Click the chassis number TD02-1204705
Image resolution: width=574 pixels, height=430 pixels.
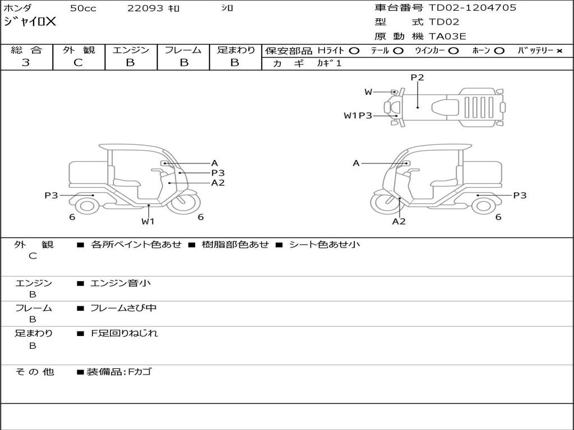coord(473,8)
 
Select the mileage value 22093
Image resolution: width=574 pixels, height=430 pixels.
coord(145,8)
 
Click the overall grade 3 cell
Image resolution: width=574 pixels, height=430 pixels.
coord(26,63)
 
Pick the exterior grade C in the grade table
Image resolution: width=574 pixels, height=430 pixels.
coord(78,63)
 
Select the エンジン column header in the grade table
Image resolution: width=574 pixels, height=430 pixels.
coord(131,50)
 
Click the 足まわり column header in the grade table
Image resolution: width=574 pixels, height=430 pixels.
coord(235,50)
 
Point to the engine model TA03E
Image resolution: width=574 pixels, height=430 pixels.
coord(448,36)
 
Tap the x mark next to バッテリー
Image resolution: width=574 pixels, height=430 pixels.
coord(559,50)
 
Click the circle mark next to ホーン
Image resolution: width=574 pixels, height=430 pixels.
coord(499,50)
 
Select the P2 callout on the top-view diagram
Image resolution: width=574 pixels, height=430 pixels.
coord(417,78)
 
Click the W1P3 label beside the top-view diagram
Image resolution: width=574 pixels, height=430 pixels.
coord(358,116)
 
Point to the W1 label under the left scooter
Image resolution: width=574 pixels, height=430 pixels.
coord(148,221)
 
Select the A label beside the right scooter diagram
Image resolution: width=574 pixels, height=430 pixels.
coord(356,163)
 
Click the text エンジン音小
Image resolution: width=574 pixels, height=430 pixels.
coord(121,283)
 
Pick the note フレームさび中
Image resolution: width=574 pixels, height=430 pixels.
coord(123,308)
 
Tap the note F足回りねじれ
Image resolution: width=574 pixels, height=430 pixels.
coord(124,333)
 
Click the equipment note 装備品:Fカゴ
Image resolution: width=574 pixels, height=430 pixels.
coord(119,372)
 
